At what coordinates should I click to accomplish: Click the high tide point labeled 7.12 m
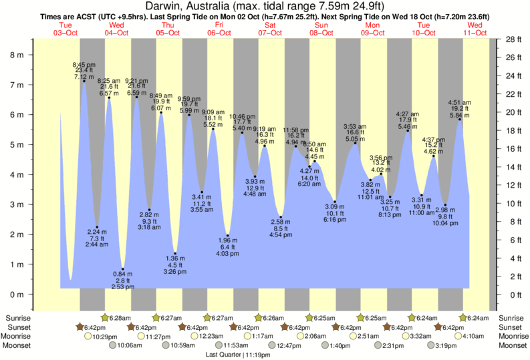(84, 81)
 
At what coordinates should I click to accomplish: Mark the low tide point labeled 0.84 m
(122, 268)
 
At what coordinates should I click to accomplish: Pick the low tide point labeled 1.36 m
(175, 253)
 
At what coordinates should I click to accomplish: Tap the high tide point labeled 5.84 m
(459, 119)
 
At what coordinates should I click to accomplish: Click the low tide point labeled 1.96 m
(228, 235)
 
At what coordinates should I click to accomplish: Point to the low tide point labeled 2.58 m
(281, 217)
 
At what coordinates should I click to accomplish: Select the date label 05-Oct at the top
(168, 33)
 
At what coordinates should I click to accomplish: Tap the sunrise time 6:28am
(120, 317)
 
